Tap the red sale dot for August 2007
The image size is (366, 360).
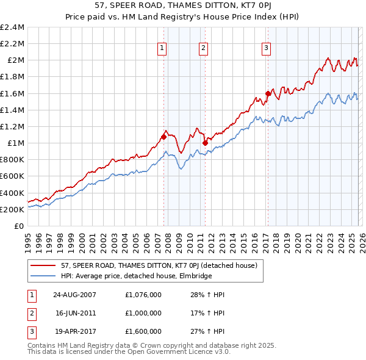(163, 137)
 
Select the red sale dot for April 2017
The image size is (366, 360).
(267, 93)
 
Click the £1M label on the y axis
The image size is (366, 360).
(16, 143)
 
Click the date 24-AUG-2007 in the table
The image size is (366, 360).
(74, 295)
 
